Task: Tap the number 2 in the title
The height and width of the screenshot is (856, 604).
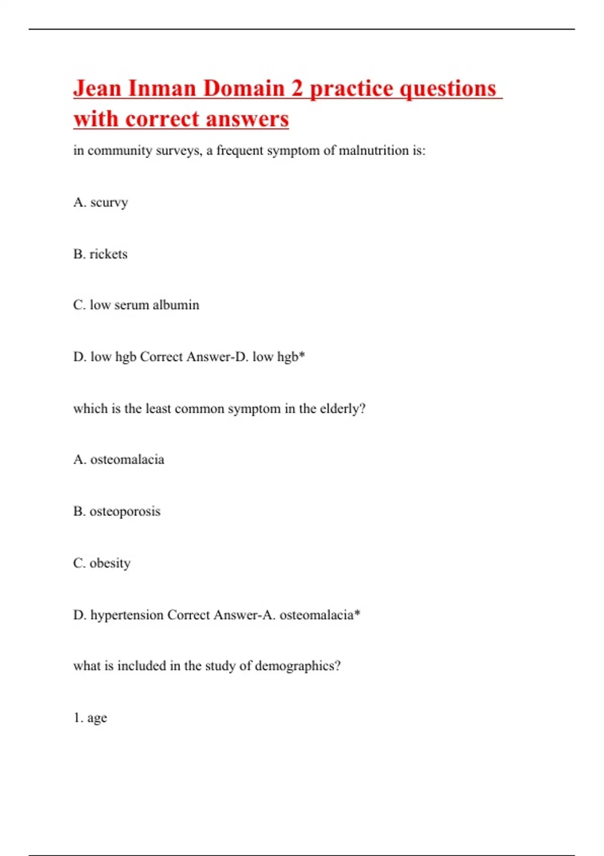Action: click(x=297, y=89)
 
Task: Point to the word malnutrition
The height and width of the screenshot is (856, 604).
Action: click(x=373, y=151)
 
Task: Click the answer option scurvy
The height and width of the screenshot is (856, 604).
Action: click(x=109, y=202)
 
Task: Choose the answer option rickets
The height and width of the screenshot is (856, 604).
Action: click(x=108, y=254)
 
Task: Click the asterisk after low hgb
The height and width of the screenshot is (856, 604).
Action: click(x=302, y=355)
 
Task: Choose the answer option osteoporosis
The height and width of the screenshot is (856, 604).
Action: click(x=125, y=512)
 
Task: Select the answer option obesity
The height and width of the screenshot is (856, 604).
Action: click(x=110, y=563)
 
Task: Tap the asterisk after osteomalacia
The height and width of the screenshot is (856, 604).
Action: click(x=357, y=613)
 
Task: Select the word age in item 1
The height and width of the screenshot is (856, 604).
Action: click(x=97, y=719)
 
